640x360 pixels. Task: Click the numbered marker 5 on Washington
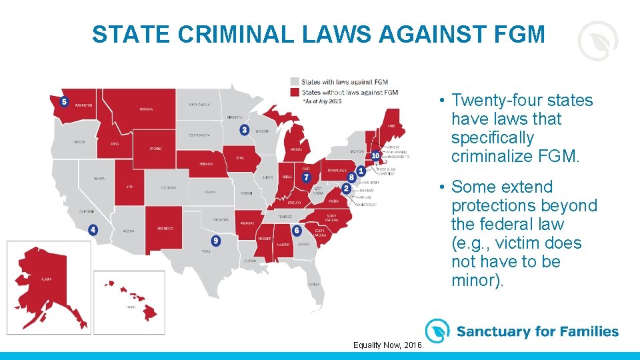tap(63, 102)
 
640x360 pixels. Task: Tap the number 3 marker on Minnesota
tap(245, 129)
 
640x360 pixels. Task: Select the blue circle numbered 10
tap(375, 155)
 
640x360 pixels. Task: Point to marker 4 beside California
tap(93, 229)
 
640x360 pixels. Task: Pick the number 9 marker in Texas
tap(215, 241)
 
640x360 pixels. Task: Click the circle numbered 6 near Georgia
tap(297, 230)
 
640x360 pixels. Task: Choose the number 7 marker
tap(306, 177)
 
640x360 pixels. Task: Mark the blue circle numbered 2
tap(351, 177)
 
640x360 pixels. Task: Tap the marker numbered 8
tap(351, 177)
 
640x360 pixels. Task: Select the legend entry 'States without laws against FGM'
tap(349, 92)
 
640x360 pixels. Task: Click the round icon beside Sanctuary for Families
tap(437, 331)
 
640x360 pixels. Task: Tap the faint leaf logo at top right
tap(597, 41)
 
